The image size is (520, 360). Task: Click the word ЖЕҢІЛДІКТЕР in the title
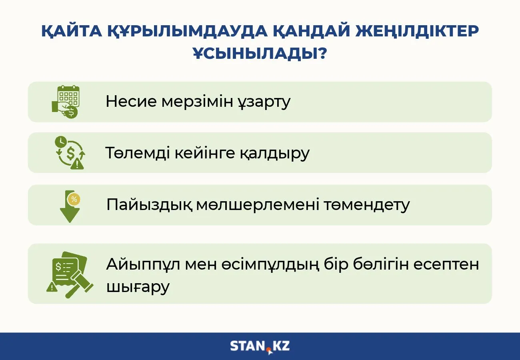coord(417,31)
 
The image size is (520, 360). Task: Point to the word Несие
coord(131,101)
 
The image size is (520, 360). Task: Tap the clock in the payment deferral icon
coord(61,141)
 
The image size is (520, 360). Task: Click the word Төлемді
coord(138,153)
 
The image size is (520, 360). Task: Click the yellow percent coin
coord(74,199)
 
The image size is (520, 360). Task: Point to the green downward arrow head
coord(70,215)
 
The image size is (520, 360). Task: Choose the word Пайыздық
coord(150,205)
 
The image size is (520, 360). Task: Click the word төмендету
coord(367,205)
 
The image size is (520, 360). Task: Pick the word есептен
coord(446,265)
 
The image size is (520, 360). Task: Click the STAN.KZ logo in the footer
coord(260,346)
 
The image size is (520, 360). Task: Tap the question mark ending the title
coord(322,53)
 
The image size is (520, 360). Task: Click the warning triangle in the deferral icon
coord(77,164)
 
